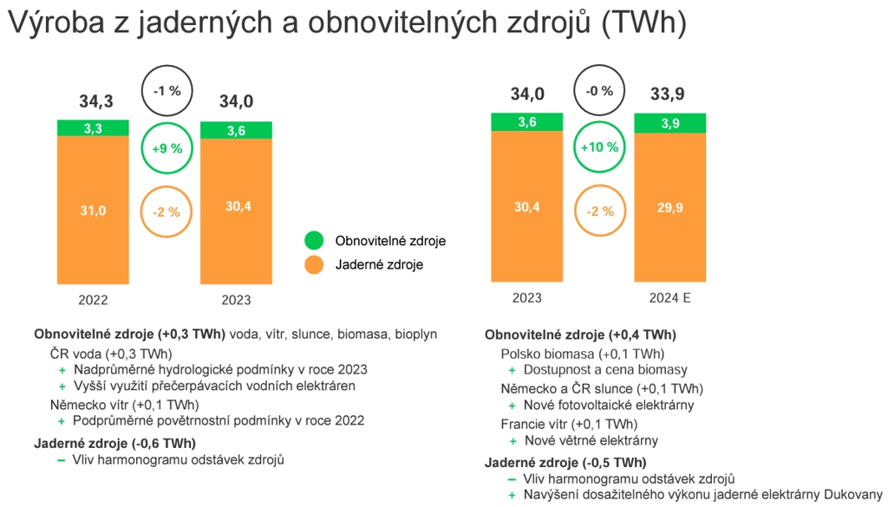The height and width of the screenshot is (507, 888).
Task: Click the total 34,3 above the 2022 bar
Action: tap(96, 101)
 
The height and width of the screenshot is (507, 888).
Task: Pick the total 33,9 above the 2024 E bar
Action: tap(667, 94)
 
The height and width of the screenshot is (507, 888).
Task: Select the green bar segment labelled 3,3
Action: tap(93, 128)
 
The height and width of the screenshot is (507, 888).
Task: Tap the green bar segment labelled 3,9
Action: tap(670, 123)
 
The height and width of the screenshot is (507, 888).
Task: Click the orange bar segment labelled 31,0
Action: tap(93, 210)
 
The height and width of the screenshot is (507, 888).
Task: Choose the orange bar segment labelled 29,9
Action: tap(670, 208)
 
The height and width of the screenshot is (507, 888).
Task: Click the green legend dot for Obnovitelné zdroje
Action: tap(314, 240)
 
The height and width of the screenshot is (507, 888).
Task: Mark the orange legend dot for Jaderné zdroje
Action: tap(314, 264)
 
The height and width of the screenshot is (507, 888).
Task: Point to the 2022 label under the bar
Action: tap(93, 300)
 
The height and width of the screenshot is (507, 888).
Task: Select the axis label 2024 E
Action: tap(670, 297)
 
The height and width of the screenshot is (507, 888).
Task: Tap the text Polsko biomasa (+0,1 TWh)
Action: tap(583, 354)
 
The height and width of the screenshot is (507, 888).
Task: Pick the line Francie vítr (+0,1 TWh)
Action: tap(569, 425)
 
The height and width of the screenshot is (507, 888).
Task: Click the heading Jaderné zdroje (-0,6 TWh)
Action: tap(115, 444)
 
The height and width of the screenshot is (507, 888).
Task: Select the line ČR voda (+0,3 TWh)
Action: tap(111, 354)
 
